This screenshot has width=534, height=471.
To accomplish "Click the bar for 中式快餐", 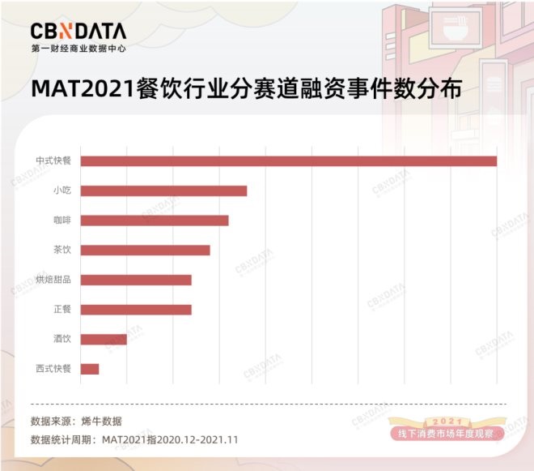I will pos(289,161).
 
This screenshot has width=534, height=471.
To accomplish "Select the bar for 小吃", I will pos(164,191).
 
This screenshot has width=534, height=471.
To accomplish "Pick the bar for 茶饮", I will pos(146,250).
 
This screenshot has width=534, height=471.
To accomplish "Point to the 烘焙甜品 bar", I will pos(137,280).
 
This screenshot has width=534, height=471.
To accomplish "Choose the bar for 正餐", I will pos(137,309).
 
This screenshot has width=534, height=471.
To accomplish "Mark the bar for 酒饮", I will pos(104,339).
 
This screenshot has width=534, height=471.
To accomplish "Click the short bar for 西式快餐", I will pos(91,369).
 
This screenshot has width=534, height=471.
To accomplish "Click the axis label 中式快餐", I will pos(54,161).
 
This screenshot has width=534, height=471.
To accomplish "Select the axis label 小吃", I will pos(63,191).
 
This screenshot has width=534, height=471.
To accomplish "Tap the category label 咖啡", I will pos(63,221).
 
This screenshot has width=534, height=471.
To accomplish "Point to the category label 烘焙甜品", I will pos(54,280).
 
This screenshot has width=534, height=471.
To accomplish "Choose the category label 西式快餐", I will pos(54,369).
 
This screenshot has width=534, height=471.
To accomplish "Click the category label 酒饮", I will pos(63,339).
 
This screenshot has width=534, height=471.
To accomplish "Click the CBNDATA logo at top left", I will pos(78,31).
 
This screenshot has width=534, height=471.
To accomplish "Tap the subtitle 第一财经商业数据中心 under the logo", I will pos(78,48).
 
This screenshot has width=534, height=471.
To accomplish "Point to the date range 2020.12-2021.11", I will pos(191,439).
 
